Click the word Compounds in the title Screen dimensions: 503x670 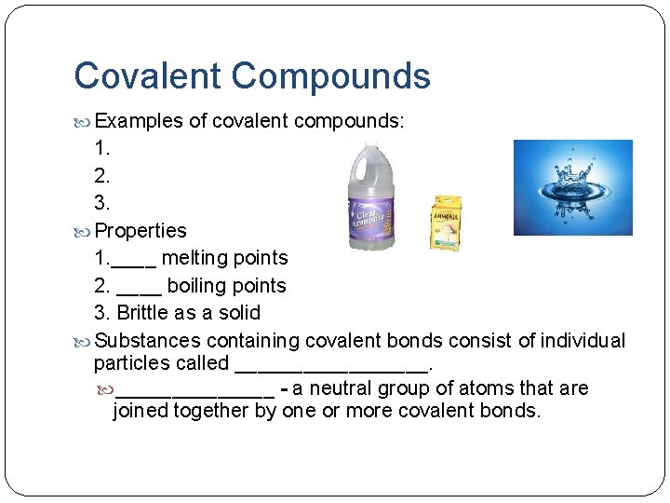330,75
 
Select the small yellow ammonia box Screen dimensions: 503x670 445,223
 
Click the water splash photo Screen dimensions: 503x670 572,187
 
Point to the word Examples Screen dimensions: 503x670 139,121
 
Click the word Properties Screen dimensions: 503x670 141,230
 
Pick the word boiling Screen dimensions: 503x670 199,286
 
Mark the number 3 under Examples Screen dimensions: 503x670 101,202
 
